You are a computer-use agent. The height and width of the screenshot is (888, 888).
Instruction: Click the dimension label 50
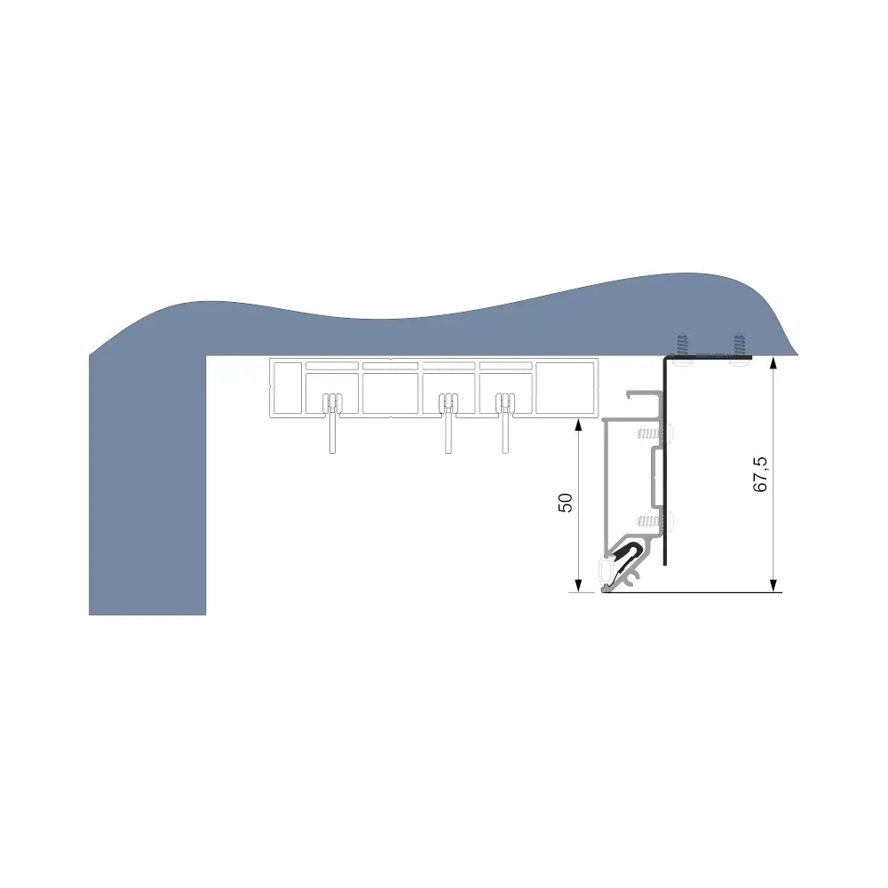pyautogui.click(x=565, y=503)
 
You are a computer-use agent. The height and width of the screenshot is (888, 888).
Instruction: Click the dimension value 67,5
pyautogui.click(x=761, y=474)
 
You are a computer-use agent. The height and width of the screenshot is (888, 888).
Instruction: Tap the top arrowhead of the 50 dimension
pyautogui.click(x=578, y=425)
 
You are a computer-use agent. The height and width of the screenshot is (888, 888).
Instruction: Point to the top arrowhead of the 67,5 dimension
pyautogui.click(x=774, y=363)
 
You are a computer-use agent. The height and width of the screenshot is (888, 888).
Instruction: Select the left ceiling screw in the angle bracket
pyautogui.click(x=682, y=349)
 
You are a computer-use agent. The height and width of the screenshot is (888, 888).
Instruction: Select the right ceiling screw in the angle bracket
pyautogui.click(x=738, y=349)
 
